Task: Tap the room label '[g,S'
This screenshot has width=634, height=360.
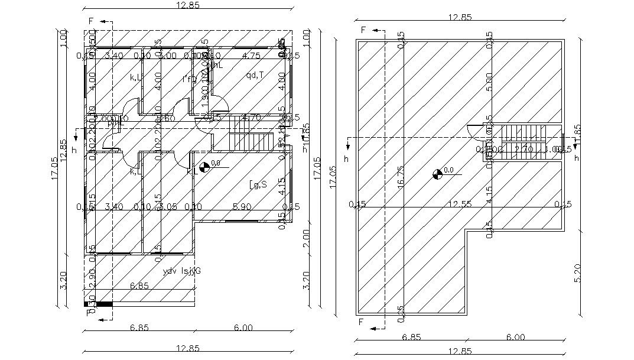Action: pos(258,184)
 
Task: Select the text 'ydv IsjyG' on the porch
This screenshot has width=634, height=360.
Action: pos(181,271)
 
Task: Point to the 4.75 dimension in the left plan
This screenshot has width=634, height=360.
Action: pos(251,56)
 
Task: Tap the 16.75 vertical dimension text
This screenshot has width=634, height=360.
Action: pos(401,176)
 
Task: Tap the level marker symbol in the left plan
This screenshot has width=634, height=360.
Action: pos(203,168)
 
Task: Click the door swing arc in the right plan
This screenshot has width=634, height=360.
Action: pos(474,132)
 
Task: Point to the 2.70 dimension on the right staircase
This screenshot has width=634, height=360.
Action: pos(524,150)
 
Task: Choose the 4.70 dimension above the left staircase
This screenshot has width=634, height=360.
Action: pos(252,118)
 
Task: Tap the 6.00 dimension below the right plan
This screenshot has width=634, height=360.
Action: pos(515,337)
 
